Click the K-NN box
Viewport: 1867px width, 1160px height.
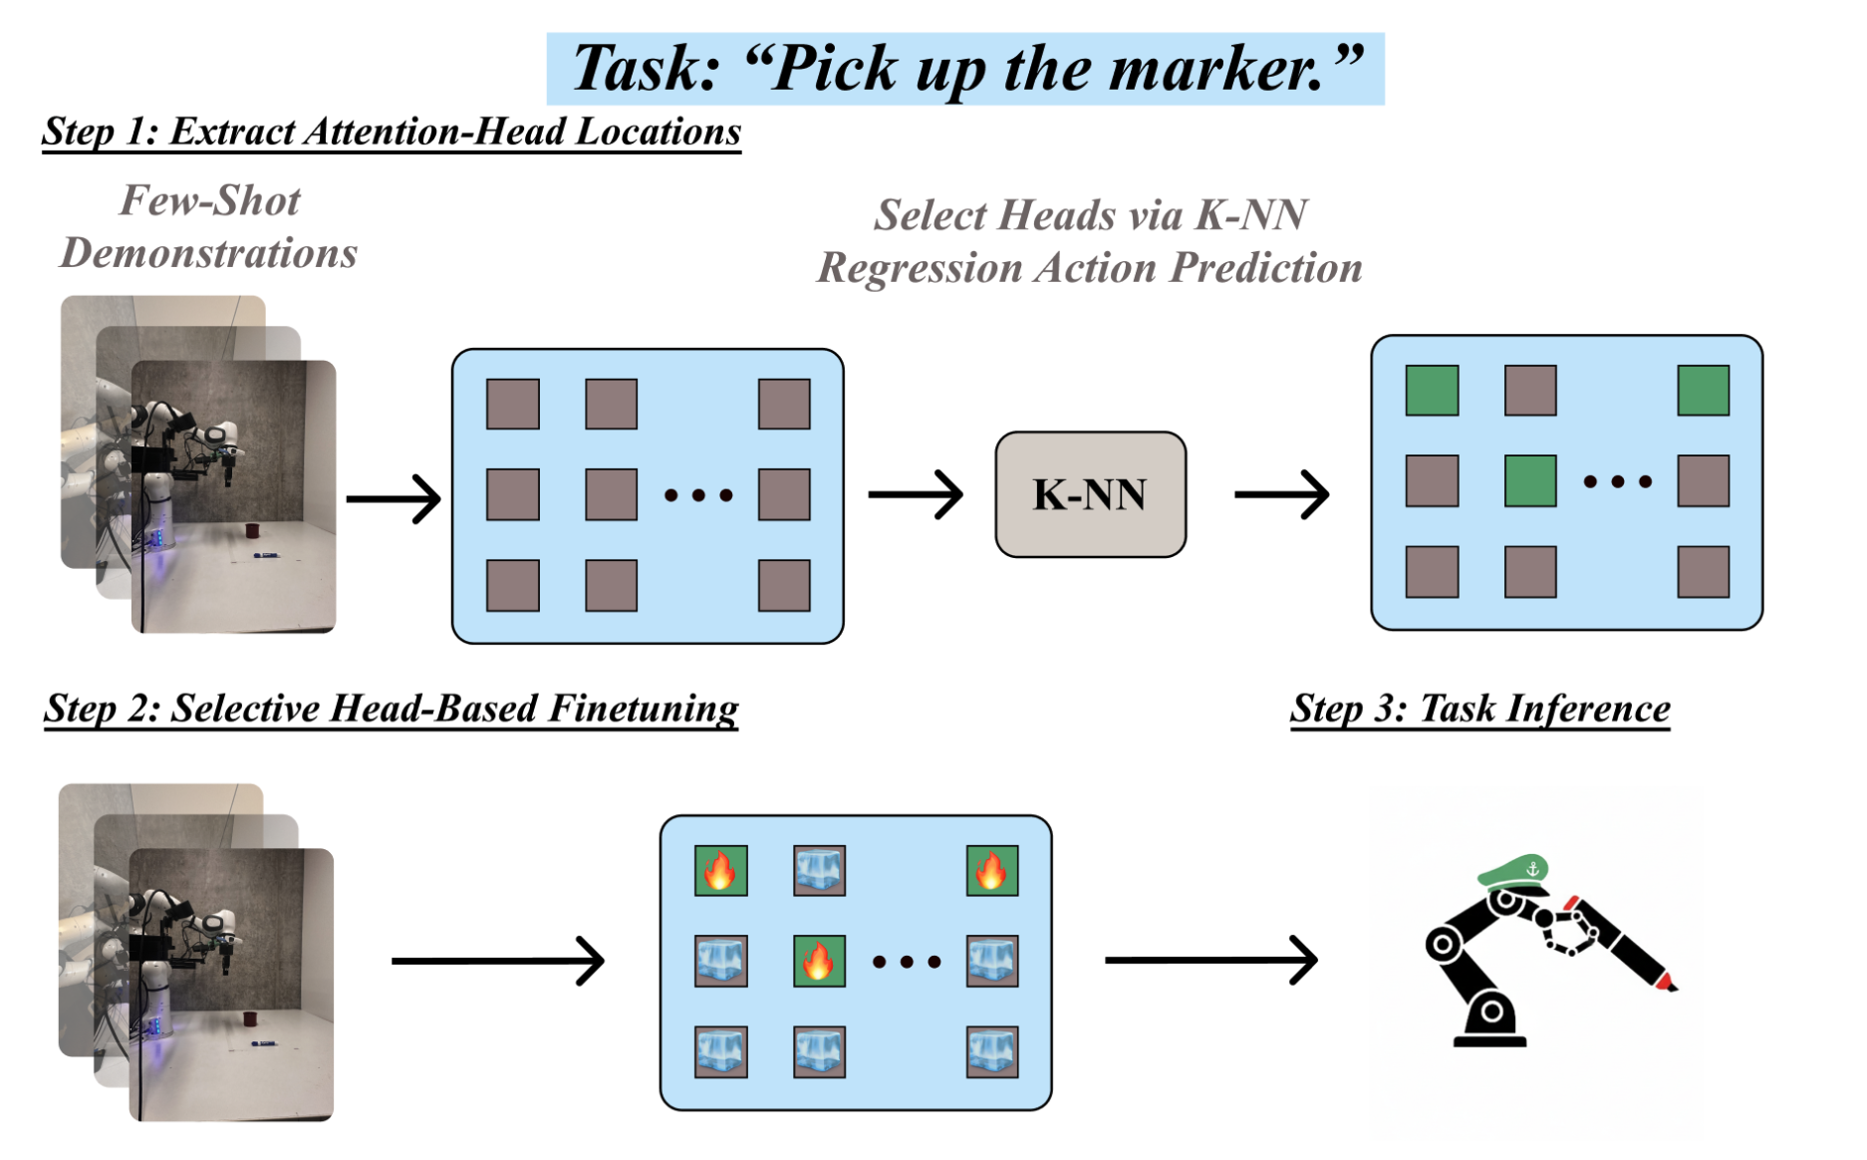(x=1090, y=494)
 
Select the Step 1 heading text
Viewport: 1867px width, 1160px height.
(x=392, y=133)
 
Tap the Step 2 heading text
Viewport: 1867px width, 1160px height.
(x=391, y=709)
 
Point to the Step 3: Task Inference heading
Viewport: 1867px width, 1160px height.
(x=1479, y=709)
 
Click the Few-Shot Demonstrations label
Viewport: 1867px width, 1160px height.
(x=209, y=227)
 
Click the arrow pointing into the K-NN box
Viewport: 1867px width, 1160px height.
(x=915, y=494)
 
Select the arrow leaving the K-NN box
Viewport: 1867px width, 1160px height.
(x=1281, y=494)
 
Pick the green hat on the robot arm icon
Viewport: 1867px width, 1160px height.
(x=1512, y=871)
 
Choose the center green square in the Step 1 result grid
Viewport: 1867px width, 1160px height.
(x=1530, y=481)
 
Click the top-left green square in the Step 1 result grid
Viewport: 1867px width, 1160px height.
(x=1432, y=390)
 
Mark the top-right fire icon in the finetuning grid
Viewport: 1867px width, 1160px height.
(x=992, y=871)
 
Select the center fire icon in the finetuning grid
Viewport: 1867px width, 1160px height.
(x=819, y=962)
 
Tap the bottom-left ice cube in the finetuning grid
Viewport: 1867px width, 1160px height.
(x=721, y=1052)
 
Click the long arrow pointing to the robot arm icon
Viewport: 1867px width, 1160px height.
(x=1210, y=961)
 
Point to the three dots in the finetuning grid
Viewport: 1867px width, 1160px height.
(x=907, y=962)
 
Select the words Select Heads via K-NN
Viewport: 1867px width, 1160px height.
(x=1090, y=215)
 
